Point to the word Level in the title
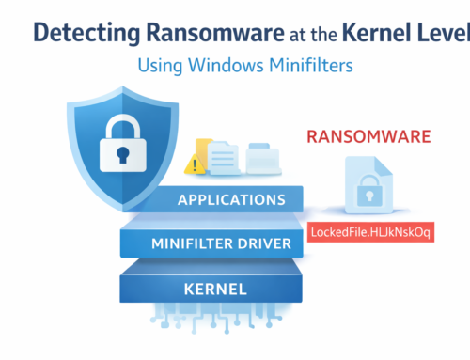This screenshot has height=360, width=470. pyautogui.click(x=445, y=33)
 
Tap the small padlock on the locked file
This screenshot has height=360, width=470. pyautogui.click(x=368, y=196)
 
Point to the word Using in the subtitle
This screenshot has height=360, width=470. pyautogui.click(x=160, y=68)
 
